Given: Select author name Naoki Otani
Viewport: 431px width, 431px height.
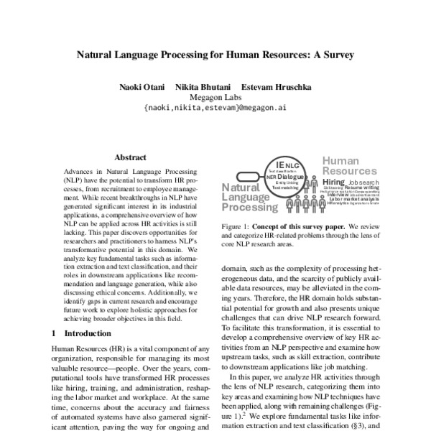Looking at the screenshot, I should click(x=142, y=87).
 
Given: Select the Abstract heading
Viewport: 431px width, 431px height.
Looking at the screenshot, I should click(x=130, y=157).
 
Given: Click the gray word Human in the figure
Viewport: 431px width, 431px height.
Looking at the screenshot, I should click(x=340, y=162).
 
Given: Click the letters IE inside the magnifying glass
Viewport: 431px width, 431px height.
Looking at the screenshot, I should click(x=279, y=164).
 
